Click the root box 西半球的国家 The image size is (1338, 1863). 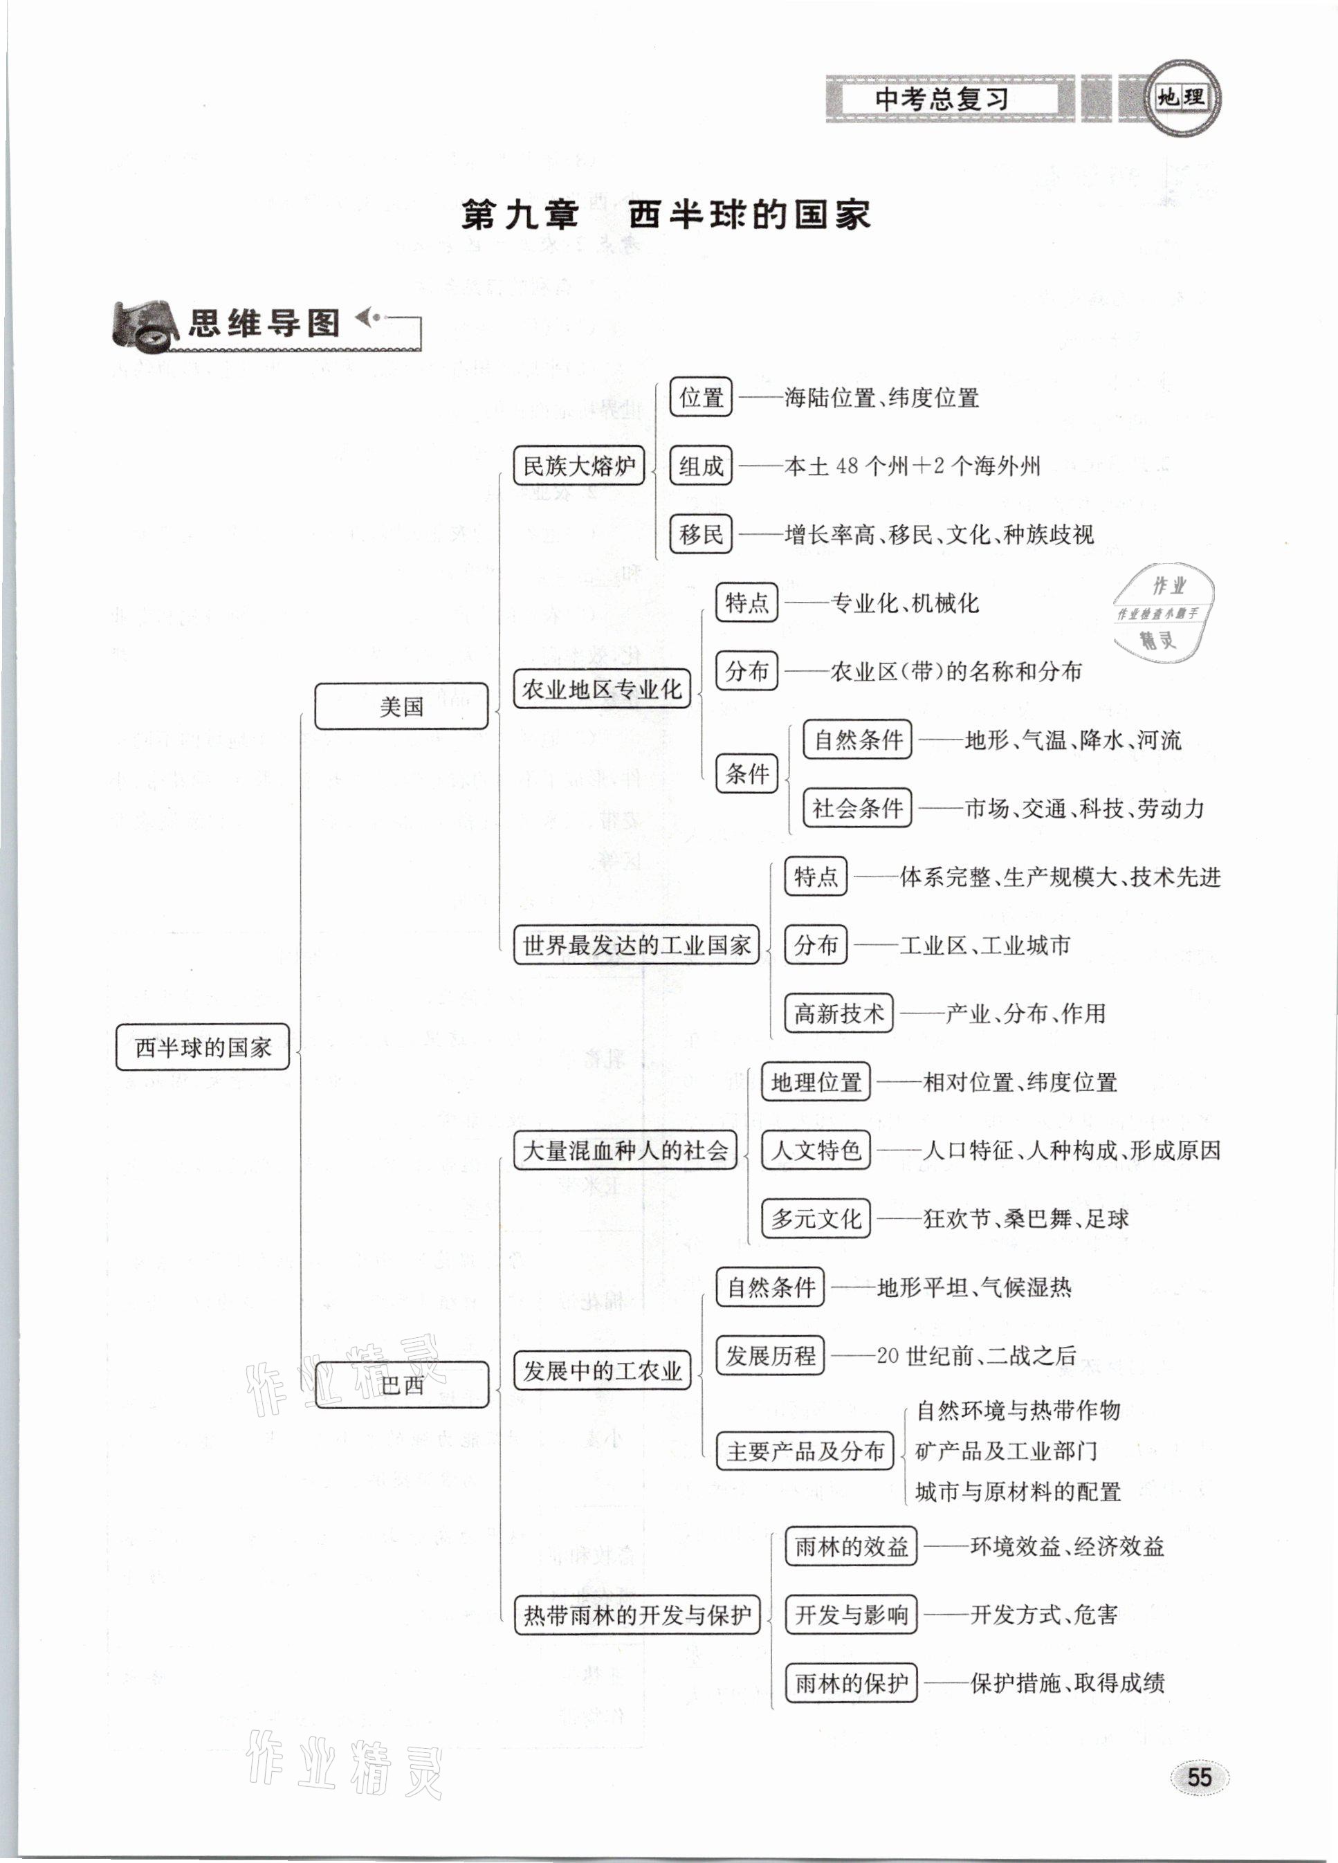(202, 1047)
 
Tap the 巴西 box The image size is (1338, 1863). (402, 1385)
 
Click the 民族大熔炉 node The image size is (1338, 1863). (578, 466)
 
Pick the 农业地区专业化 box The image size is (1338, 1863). (601, 688)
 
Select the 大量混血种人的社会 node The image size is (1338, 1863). (624, 1150)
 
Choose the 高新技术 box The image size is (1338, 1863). (838, 1013)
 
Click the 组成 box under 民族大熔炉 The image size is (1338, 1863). (700, 466)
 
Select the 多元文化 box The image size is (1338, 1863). (815, 1218)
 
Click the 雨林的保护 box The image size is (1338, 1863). (850, 1683)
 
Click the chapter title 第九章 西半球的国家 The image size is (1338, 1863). (666, 215)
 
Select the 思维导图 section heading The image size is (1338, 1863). (264, 323)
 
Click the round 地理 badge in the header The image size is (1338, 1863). (1181, 98)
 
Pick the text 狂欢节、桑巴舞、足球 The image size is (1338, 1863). (1026, 1218)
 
